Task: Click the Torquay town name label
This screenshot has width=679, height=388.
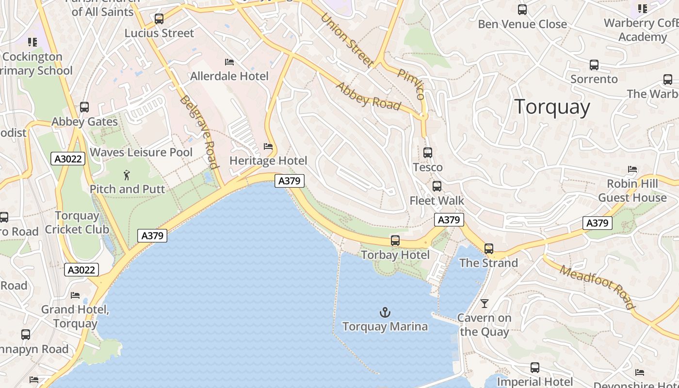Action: [552, 107]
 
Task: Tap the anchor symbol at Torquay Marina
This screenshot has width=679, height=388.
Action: [385, 312]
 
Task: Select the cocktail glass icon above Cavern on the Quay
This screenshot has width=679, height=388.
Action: [484, 304]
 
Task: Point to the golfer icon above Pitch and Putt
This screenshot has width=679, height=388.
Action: [127, 175]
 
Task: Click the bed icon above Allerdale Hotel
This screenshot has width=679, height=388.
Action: [229, 62]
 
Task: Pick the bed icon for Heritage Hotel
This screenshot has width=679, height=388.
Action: [268, 146]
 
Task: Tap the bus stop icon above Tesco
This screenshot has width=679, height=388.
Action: [428, 153]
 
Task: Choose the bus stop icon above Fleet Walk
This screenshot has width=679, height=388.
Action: [437, 186]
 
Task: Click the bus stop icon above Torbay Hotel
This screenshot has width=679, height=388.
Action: [395, 241]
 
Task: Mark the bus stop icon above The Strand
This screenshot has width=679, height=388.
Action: [489, 249]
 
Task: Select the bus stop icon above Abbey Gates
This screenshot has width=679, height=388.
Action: [84, 107]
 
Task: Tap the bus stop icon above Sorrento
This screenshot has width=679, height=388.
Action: [594, 65]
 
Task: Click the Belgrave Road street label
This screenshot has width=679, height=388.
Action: [198, 131]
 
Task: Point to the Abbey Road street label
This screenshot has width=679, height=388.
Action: [369, 97]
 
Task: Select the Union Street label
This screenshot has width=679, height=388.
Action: [347, 40]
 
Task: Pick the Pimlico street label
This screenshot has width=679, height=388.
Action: [411, 84]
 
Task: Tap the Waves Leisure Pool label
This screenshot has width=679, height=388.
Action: [141, 152]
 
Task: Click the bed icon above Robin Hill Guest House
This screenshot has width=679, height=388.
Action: [632, 169]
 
